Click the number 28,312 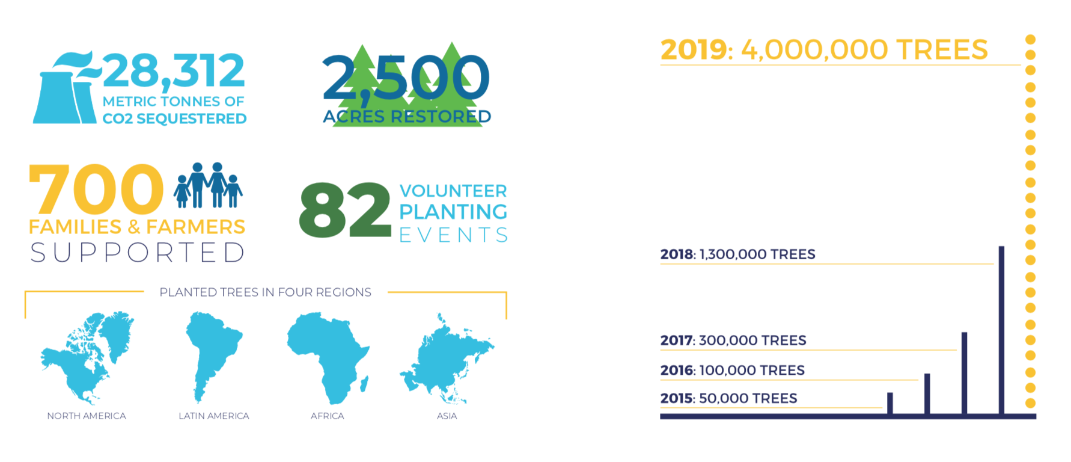tap(174, 72)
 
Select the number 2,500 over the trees tap(406, 78)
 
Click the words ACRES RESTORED tap(407, 116)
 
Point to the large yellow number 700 tap(96, 189)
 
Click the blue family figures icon tap(208, 185)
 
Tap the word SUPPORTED tap(138, 253)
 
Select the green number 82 tap(345, 210)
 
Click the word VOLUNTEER tap(453, 191)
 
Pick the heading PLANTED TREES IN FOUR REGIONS tap(265, 292)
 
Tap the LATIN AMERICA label tap(214, 416)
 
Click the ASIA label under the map tap(447, 416)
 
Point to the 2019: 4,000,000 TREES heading tap(824, 49)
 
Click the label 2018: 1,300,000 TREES tap(738, 254)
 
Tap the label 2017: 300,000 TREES tap(733, 340)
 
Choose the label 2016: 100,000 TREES tap(733, 370)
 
